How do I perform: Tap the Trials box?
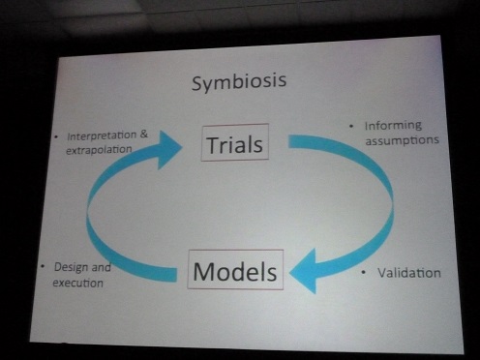[234, 145]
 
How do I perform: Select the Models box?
[235, 270]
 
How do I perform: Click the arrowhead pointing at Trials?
[170, 148]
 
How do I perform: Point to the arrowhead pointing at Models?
[303, 269]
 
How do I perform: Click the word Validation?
[406, 273]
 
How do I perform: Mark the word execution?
[78, 283]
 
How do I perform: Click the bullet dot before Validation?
[363, 273]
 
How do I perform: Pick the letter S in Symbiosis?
[196, 83]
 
